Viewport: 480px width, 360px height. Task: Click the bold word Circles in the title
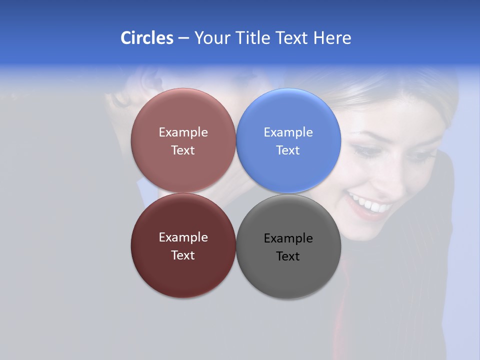[147, 38]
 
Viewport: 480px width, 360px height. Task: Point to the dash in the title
[183, 38]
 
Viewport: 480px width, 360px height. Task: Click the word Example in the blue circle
[288, 132]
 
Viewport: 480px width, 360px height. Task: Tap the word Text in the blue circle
[288, 150]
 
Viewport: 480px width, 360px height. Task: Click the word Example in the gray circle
[288, 238]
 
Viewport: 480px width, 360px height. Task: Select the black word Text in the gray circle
[288, 256]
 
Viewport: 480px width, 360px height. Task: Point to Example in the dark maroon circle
[183, 237]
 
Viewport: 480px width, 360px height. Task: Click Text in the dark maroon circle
[183, 255]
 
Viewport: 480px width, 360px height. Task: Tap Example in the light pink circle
[183, 132]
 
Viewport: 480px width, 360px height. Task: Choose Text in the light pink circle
[183, 150]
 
